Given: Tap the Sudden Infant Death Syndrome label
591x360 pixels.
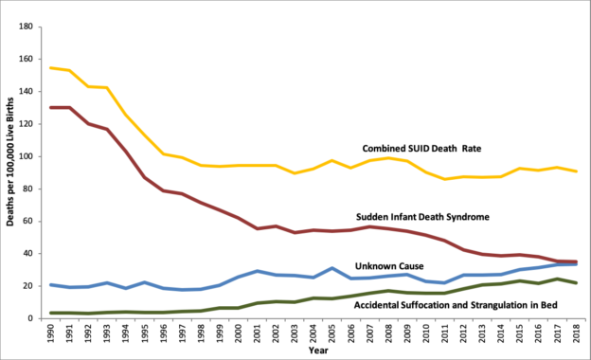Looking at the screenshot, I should pyautogui.click(x=422, y=217).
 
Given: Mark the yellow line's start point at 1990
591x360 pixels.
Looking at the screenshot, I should pyautogui.click(x=51, y=68).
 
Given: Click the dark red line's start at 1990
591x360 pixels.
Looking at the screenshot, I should pyautogui.click(x=51, y=107).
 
